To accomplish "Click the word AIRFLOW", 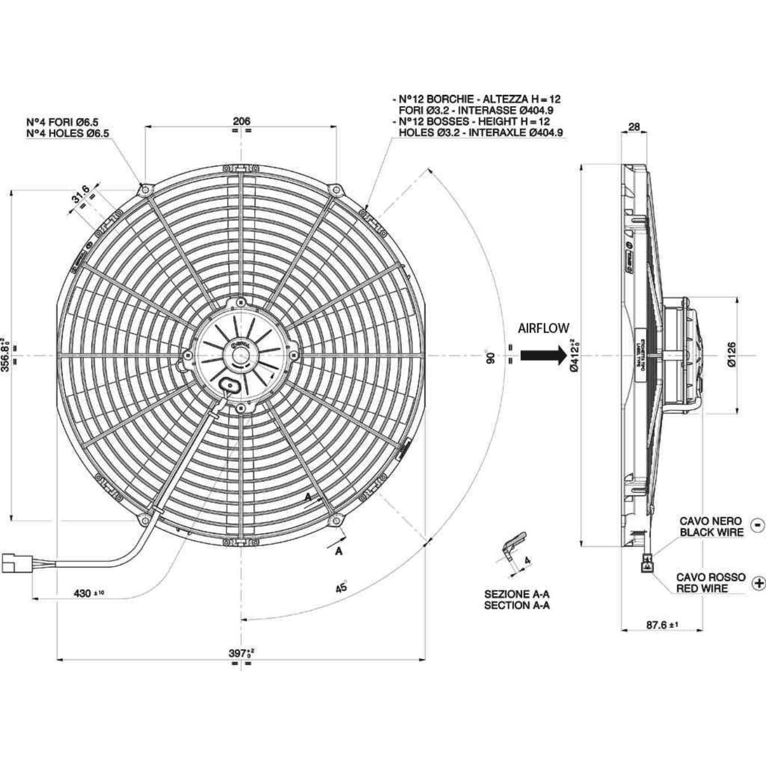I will point(543,328).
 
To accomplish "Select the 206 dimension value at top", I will point(241,121).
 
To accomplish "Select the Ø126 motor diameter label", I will point(731,355).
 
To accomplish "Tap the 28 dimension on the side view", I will point(634,127).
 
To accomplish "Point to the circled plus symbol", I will point(758,583).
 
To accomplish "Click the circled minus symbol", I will point(757,525).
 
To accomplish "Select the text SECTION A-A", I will point(516,605).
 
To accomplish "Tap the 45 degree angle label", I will point(340,588).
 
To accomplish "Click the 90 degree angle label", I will point(491,358).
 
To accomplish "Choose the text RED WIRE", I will point(702,588).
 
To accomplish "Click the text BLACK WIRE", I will point(711,532).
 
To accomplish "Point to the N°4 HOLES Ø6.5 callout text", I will point(68,133).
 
